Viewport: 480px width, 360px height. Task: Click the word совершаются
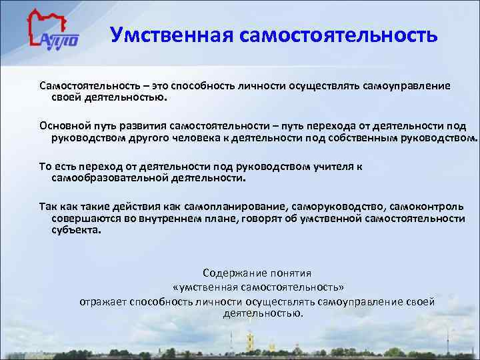(x=81, y=219)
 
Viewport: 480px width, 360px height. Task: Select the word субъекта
(x=75, y=231)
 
